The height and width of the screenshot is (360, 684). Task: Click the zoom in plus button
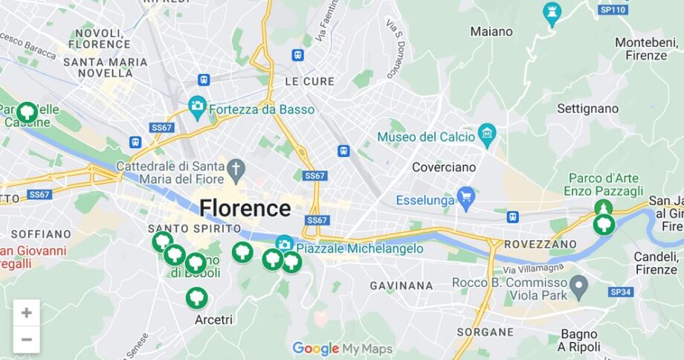pos(26,312)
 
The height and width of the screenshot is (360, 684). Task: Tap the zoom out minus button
pos(26,339)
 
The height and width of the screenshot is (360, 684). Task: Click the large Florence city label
pos(245,208)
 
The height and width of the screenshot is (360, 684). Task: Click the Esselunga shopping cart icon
pos(465,197)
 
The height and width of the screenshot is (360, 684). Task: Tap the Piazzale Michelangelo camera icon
pos(284,244)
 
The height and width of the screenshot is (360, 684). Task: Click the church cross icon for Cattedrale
pos(236,167)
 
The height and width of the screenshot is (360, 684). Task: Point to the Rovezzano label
pos(540,244)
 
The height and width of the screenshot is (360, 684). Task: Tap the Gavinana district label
pos(401,286)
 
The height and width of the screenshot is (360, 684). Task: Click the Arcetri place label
pos(213,320)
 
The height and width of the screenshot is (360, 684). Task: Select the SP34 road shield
pos(620,292)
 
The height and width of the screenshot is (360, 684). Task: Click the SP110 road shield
pos(613,10)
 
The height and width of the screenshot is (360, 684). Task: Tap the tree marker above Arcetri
pos(196,298)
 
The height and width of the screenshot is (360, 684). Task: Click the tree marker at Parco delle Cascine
pos(28,112)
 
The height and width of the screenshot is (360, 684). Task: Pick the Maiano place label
pos(491,32)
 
